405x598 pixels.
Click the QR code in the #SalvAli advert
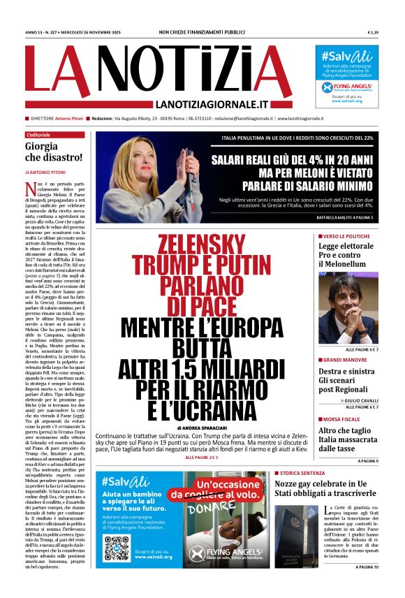tap(116, 548)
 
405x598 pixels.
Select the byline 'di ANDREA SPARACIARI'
tap(207, 427)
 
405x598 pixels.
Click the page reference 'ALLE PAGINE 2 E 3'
tap(202, 458)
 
